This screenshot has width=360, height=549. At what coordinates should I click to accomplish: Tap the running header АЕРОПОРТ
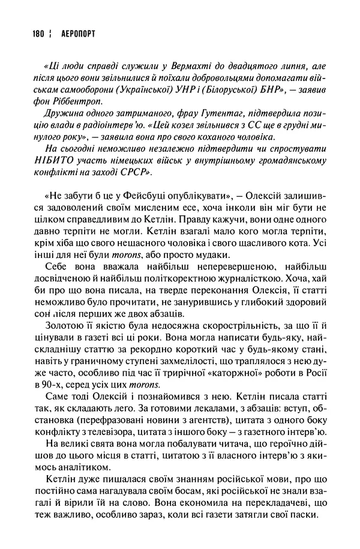tap(79, 35)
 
